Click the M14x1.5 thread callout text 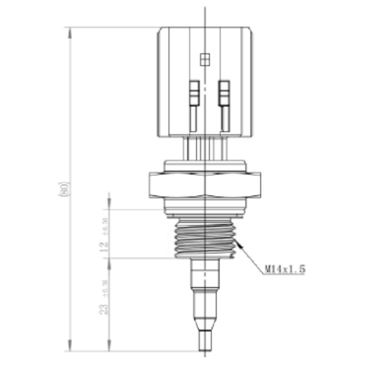(x=285, y=269)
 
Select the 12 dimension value (x=104, y=246)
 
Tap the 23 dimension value (x=104, y=308)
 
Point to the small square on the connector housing (x=204, y=59)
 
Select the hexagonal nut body (x=204, y=185)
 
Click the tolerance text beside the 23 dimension (x=105, y=288)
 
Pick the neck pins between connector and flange (x=204, y=148)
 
